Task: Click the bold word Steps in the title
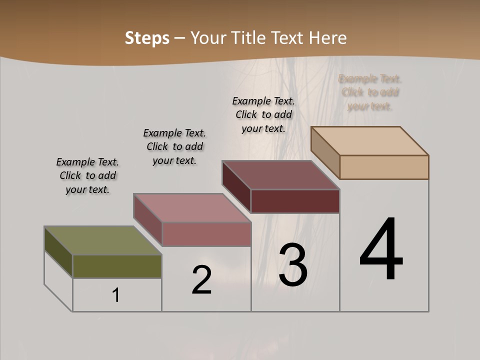click(147, 38)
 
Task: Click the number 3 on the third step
click(293, 264)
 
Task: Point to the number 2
click(201, 280)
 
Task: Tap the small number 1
click(116, 295)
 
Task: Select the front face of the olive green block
click(117, 266)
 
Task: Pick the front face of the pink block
click(206, 234)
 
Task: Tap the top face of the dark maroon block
click(280, 174)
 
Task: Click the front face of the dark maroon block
click(295, 201)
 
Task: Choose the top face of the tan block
click(369, 140)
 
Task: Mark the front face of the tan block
click(384, 167)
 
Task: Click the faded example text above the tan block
click(370, 92)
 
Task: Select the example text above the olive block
click(87, 175)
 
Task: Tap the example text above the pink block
click(174, 146)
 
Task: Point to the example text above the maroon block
click(263, 114)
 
